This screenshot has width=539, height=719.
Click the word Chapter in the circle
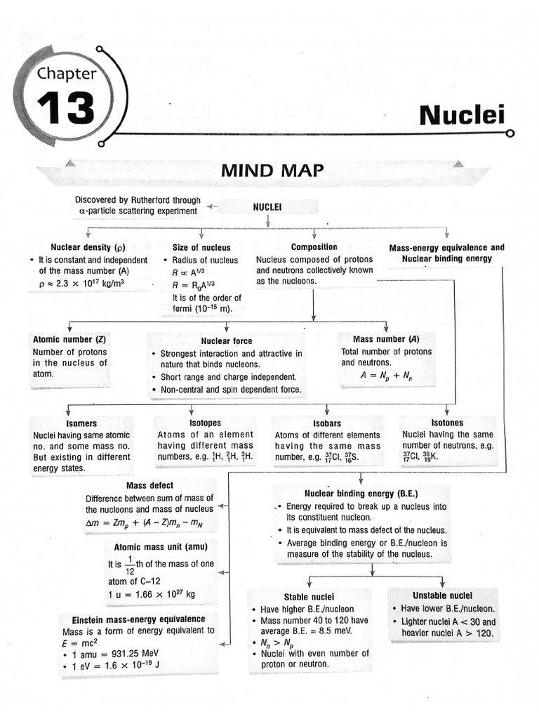click(x=67, y=72)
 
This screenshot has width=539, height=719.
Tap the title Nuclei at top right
click(x=462, y=116)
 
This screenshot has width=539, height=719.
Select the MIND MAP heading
click(x=272, y=170)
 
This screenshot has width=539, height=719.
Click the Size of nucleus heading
click(x=201, y=247)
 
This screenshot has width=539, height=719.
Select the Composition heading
click(x=314, y=247)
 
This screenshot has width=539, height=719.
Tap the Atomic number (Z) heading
click(x=69, y=339)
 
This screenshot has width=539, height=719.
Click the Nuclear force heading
click(x=227, y=341)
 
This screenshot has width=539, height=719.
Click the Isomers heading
click(x=81, y=424)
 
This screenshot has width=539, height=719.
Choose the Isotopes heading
click(x=205, y=423)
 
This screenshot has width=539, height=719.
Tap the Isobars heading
click(x=327, y=424)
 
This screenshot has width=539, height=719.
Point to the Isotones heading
click(x=447, y=423)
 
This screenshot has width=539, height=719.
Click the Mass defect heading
click(x=149, y=486)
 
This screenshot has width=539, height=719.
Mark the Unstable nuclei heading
click(x=442, y=595)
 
